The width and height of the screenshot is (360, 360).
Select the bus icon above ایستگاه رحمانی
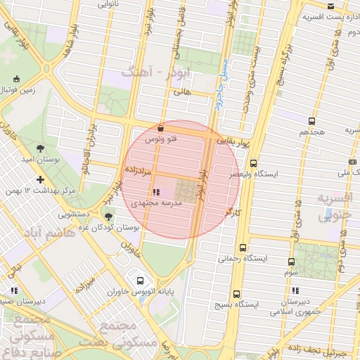pos(243,248)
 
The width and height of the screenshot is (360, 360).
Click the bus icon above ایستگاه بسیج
pos(236,294)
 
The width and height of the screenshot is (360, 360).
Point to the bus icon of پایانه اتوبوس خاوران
pos(140,280)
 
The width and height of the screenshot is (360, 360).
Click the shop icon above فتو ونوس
pos(161,129)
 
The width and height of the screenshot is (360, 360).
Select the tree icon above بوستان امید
pos(39,148)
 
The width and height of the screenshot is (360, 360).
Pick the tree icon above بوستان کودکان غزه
pos(108,216)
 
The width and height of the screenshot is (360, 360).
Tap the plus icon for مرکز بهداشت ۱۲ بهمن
pos(41,179)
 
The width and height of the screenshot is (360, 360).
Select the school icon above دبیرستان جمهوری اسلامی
pos(294,290)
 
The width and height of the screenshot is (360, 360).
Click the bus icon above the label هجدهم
pos(311,121)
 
